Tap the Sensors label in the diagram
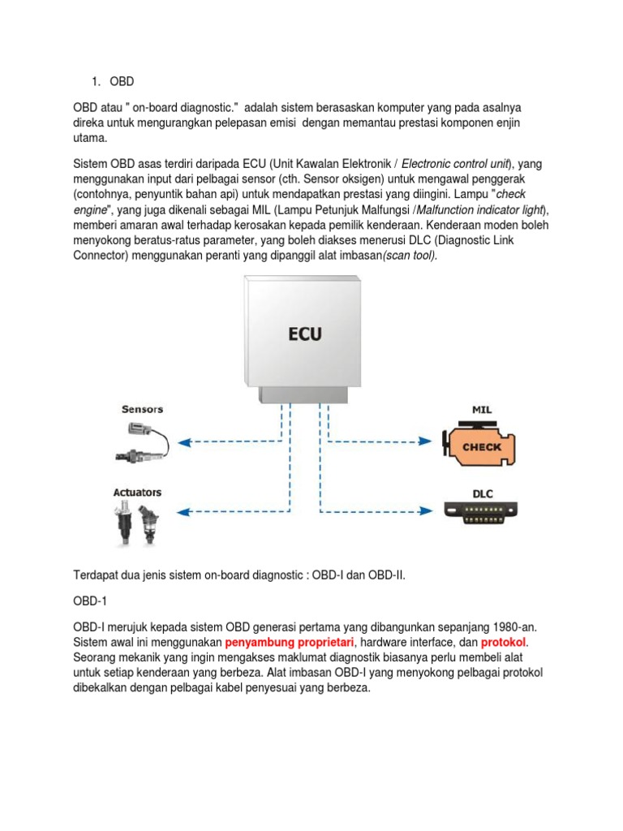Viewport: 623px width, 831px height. point(143,409)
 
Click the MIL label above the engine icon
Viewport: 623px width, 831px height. point(482,410)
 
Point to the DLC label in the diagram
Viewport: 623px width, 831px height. point(483,493)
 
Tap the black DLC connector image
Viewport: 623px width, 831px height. point(483,511)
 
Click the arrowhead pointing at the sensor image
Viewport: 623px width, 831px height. point(184,442)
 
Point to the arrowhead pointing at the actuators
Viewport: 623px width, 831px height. point(184,512)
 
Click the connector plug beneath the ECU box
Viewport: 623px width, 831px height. point(304,394)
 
